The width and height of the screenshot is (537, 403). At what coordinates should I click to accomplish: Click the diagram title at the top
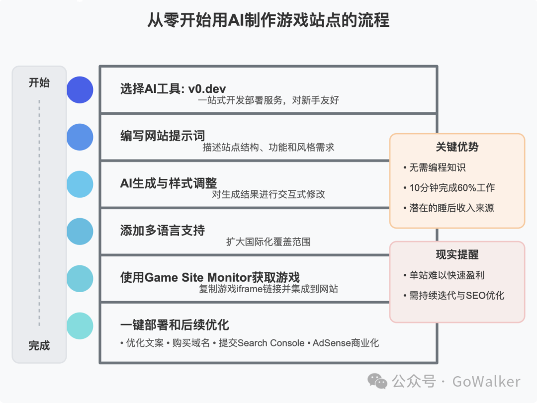coord(268,20)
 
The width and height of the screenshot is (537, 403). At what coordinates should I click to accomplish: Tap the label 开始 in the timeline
coord(39,82)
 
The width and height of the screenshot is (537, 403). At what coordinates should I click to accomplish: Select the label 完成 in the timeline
coord(39,345)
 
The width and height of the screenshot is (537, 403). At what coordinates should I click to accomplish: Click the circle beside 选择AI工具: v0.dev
coord(80,90)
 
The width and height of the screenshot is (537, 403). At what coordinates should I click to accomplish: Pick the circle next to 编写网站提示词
coord(80,137)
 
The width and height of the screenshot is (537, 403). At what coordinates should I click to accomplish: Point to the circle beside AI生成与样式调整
coord(80,184)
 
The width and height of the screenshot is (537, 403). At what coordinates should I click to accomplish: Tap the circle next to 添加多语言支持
coord(80,232)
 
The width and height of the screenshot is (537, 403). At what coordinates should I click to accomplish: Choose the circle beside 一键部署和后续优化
coord(80,326)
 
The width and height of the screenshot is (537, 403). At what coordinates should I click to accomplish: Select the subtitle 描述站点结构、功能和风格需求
coord(268,147)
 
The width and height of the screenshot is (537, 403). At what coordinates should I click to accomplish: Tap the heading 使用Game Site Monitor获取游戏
coord(210,277)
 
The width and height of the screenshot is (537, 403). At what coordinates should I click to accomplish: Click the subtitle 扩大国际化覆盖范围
coord(268,242)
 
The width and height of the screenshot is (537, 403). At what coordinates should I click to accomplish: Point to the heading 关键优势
coord(457,147)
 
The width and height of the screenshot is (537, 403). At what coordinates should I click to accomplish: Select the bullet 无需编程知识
coord(437,167)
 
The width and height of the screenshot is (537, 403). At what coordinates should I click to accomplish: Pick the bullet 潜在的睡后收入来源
coord(451,208)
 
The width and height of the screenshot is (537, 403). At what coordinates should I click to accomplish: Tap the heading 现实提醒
coord(457,255)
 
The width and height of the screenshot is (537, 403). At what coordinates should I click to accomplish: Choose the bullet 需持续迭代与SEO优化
coord(456,295)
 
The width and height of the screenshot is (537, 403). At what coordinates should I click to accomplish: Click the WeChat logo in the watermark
coord(377,381)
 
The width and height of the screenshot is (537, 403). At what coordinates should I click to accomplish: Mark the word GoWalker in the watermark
coord(486,381)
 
